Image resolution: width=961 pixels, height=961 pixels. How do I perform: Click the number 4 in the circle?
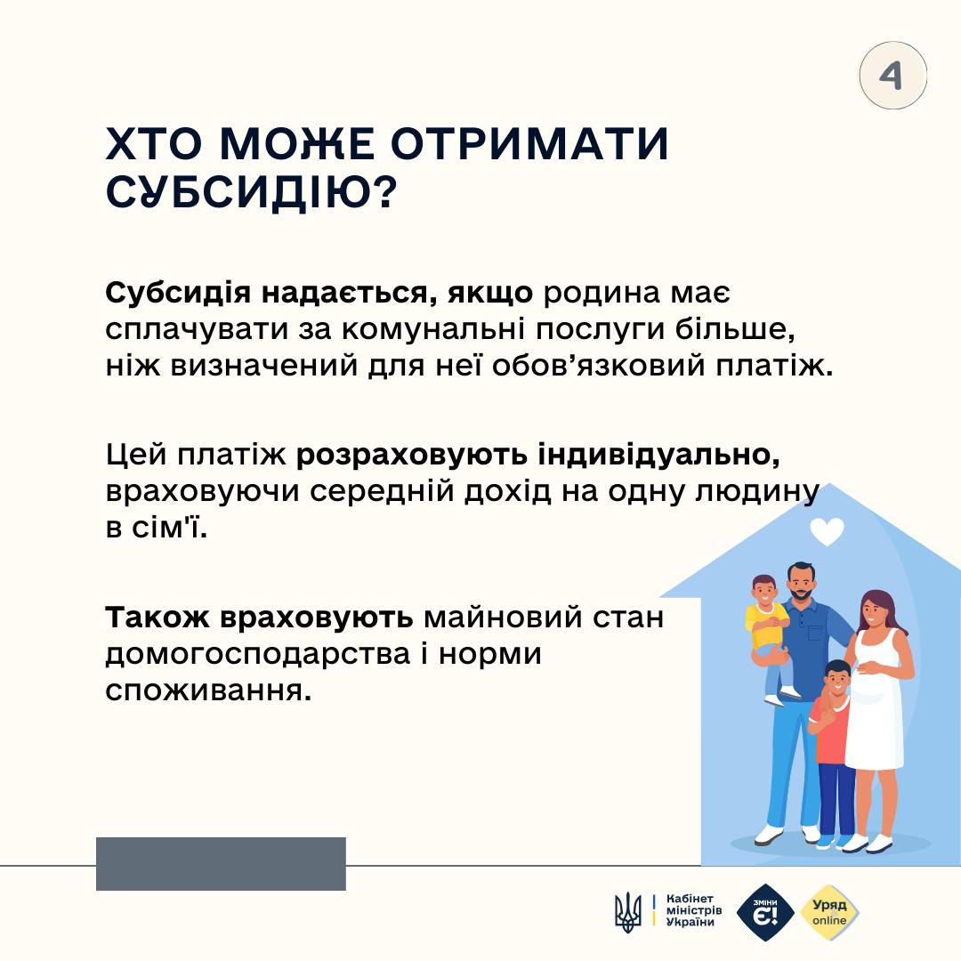(x=892, y=76)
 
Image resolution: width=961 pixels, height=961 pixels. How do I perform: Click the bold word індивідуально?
(x=659, y=455)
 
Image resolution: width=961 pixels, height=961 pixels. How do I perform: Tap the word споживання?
(x=209, y=690)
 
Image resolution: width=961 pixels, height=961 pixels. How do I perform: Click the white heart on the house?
(x=827, y=531)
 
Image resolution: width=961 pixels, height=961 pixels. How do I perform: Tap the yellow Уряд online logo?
(x=829, y=911)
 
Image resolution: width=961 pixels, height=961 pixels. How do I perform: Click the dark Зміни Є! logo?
(x=764, y=911)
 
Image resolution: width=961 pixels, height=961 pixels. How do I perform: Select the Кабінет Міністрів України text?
(x=694, y=911)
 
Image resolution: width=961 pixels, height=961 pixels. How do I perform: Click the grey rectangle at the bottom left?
(x=221, y=863)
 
